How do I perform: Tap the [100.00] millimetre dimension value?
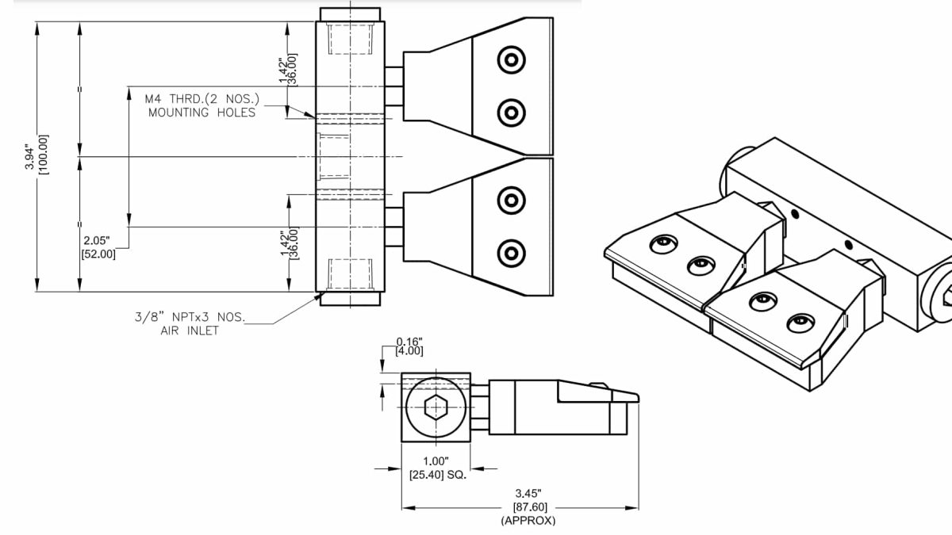44,155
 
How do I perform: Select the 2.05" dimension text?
96,240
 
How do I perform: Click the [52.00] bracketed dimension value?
98,254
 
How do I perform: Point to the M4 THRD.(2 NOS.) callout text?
203,99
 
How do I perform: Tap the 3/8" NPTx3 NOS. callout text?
190,318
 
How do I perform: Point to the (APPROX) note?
528,521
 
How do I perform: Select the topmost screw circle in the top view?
511,59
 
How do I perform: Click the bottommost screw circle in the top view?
511,254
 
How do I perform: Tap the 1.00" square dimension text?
436,461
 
